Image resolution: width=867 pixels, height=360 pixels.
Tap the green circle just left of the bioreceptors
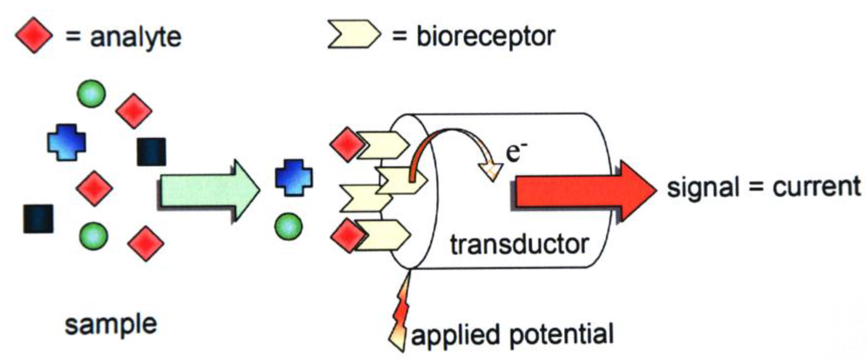pos(288,224)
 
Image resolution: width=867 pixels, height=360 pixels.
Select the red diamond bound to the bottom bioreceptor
pos(346,235)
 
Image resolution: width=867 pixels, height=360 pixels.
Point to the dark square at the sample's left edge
pos(39,219)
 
